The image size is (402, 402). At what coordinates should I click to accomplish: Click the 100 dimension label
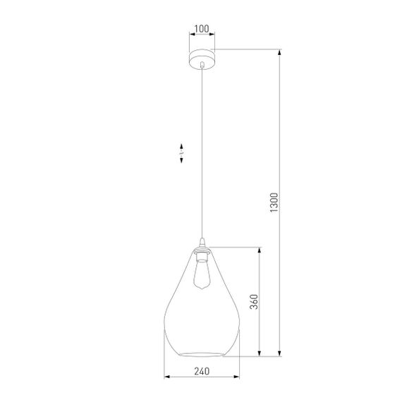[202, 29]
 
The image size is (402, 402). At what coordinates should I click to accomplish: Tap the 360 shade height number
[254, 301]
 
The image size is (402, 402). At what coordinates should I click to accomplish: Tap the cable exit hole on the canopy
[202, 63]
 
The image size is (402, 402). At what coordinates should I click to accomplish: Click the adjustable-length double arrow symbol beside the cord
[182, 154]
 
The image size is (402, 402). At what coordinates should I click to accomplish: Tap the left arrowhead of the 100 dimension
[189, 37]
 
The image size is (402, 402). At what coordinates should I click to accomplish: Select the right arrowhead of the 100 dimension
[214, 37]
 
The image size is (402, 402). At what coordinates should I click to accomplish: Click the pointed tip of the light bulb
[202, 289]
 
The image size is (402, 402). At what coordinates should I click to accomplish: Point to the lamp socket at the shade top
[202, 252]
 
